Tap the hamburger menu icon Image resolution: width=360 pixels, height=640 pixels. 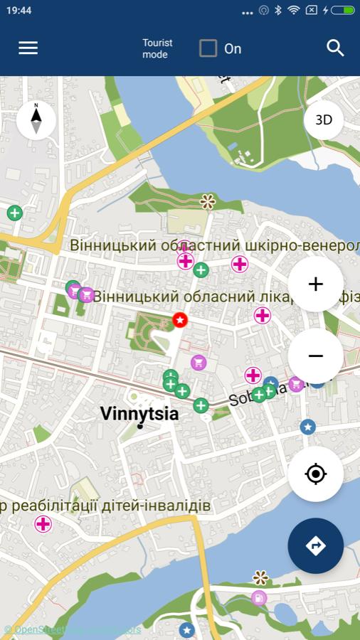[28, 48]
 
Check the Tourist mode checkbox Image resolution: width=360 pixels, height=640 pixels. [208, 48]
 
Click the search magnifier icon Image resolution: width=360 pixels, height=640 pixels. [335, 48]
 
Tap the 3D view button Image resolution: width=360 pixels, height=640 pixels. [324, 119]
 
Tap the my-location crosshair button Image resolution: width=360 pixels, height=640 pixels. [316, 474]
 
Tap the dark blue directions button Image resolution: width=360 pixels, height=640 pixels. [316, 545]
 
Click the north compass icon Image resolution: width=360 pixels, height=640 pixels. [36, 119]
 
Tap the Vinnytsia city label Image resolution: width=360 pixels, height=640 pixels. [139, 413]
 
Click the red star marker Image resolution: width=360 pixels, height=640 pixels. [180, 320]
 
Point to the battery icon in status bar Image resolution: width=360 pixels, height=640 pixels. [342, 11]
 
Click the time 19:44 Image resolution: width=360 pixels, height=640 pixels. [19, 11]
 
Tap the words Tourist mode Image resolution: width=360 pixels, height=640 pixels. [157, 48]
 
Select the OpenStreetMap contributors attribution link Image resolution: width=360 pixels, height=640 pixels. [73, 629]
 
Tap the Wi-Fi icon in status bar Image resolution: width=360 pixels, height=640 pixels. [293, 11]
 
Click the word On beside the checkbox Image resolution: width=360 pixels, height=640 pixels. [233, 48]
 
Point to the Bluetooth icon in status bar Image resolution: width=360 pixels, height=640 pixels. [278, 11]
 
